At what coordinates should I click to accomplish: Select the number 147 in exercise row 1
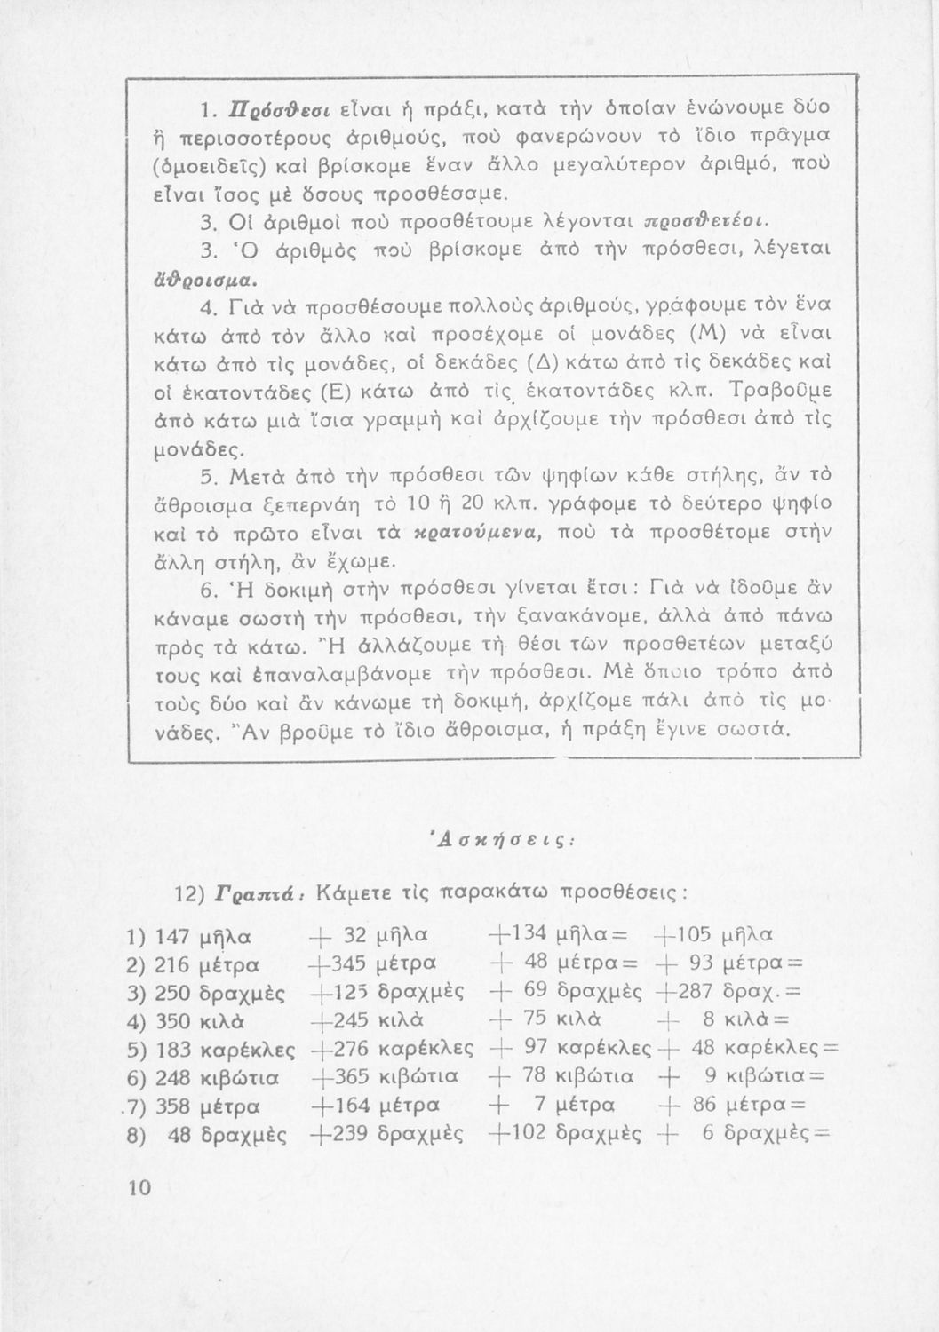click(x=171, y=935)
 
